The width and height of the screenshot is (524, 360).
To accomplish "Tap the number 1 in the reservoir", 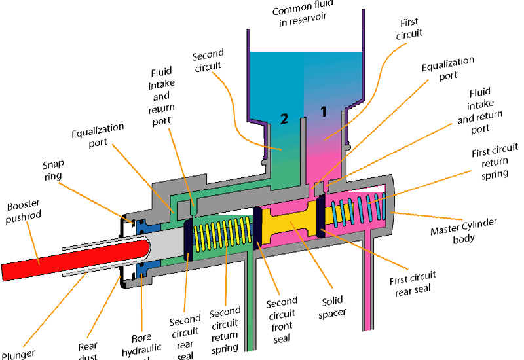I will click(322, 111).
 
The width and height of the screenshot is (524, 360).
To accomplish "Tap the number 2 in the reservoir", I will click(284, 118).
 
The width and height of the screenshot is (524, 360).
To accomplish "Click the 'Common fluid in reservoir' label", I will click(303, 15).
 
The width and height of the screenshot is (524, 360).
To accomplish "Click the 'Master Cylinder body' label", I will click(463, 230).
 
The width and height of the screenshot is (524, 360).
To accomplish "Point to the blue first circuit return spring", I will click(357, 210).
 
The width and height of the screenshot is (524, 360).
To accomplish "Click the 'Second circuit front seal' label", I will click(281, 317).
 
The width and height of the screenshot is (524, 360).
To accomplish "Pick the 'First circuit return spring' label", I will click(495, 162).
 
